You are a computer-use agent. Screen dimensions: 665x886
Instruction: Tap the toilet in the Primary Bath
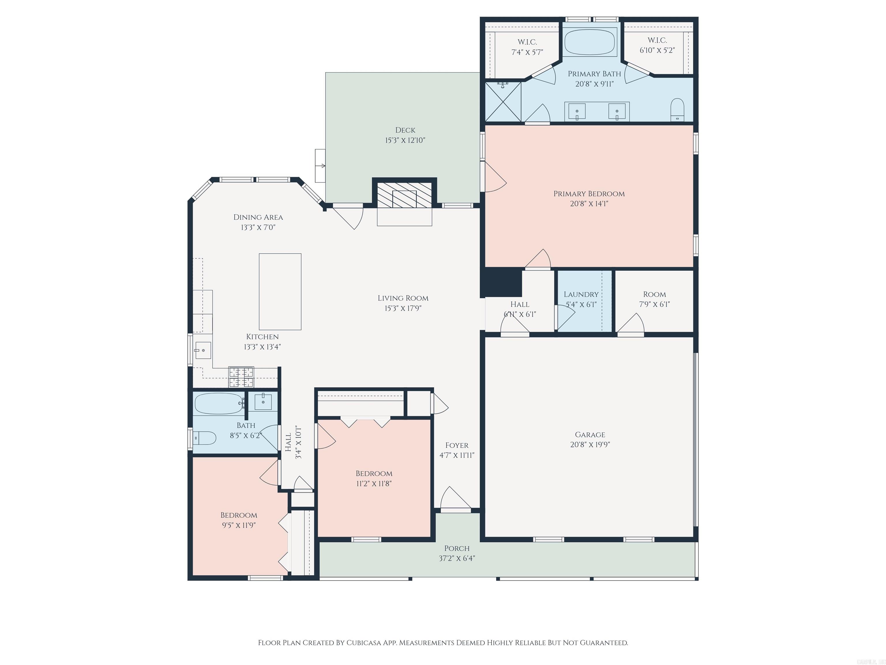(x=677, y=109)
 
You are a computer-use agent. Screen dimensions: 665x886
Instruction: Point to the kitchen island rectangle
(x=280, y=292)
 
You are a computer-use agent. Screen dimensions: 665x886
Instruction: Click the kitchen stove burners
(x=241, y=376)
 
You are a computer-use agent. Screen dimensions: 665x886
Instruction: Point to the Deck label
(x=405, y=130)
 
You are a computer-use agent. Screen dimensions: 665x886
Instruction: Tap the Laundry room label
(x=581, y=294)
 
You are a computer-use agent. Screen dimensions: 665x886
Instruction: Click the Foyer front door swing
(x=455, y=498)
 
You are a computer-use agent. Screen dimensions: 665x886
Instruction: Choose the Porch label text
(x=457, y=548)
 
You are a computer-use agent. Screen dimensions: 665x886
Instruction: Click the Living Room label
(x=403, y=298)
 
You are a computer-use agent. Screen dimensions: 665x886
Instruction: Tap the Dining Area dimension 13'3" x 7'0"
(x=258, y=227)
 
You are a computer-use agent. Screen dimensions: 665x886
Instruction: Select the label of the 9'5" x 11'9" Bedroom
(x=239, y=515)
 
